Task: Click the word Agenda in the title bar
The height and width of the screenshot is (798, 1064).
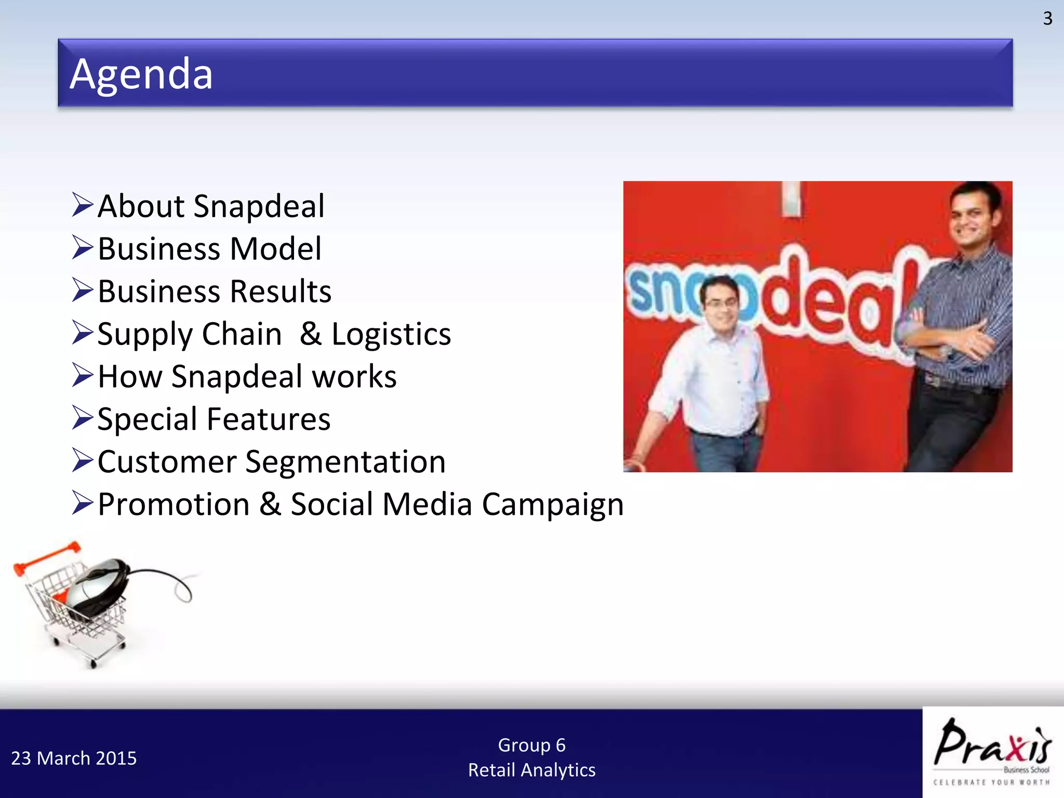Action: pyautogui.click(x=141, y=74)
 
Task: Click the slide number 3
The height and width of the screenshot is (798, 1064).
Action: pyautogui.click(x=1047, y=19)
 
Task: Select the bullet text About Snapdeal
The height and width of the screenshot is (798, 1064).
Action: pyautogui.click(x=211, y=206)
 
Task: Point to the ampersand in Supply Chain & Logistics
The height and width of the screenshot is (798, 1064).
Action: pyautogui.click(x=310, y=334)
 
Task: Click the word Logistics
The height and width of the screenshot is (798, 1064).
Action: pyautogui.click(x=391, y=334)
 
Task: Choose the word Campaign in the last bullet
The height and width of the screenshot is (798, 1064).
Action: pyautogui.click(x=552, y=505)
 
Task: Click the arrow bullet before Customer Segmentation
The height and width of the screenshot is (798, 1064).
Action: pyautogui.click(x=83, y=460)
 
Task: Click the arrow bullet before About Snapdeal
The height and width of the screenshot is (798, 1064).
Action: pyautogui.click(x=83, y=205)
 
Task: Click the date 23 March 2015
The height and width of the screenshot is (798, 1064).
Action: pyautogui.click(x=74, y=759)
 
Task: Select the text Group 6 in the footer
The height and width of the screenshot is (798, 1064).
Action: pyautogui.click(x=531, y=745)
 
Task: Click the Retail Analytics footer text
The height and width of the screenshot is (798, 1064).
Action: pyautogui.click(x=531, y=770)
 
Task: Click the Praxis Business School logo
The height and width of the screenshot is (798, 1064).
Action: pyautogui.click(x=993, y=752)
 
